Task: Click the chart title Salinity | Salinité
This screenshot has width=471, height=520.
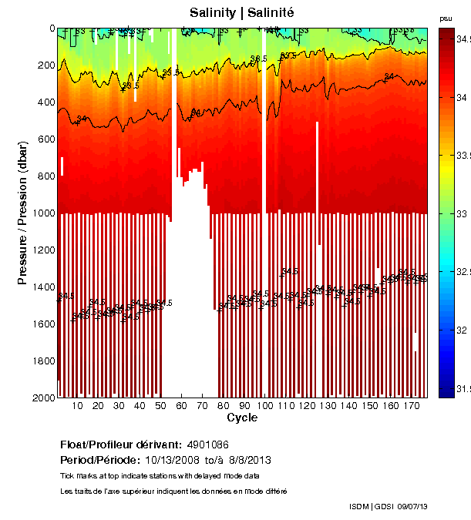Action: pyautogui.click(x=242, y=12)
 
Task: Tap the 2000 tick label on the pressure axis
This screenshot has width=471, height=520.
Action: pyautogui.click(x=44, y=398)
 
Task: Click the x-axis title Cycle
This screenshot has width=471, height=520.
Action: pyautogui.click(x=242, y=418)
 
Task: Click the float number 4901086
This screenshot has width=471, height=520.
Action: pyautogui.click(x=207, y=445)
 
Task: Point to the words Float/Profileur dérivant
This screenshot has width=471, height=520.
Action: pyautogui.click(x=119, y=445)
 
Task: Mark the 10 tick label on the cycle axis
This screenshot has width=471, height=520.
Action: pyautogui.click(x=77, y=406)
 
